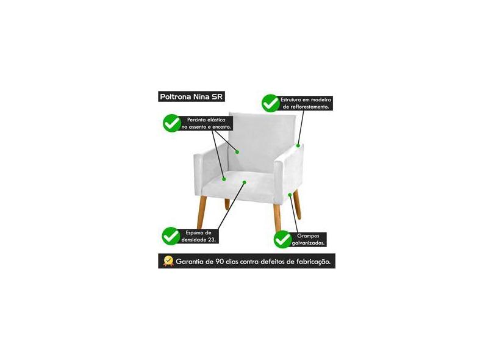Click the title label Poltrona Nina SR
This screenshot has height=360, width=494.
192,96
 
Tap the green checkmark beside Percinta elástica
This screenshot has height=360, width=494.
172,123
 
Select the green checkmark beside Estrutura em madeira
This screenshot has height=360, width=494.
271,103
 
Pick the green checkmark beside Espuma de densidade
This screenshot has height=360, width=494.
171,236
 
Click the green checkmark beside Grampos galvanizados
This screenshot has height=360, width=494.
283,239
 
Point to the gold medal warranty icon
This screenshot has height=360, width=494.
168,261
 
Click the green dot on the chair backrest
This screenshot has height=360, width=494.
237,152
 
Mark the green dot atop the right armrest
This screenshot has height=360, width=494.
298,146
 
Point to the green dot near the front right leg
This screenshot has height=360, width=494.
290,195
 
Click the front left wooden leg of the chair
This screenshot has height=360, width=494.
202,212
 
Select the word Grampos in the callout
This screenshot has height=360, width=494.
308,236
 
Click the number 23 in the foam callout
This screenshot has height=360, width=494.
211,240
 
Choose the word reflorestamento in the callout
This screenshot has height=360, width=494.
310,107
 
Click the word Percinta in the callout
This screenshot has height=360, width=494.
197,120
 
